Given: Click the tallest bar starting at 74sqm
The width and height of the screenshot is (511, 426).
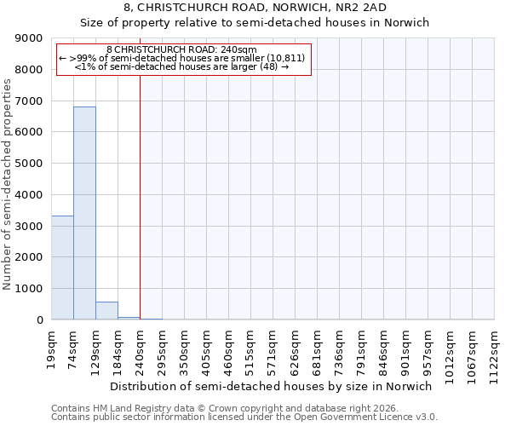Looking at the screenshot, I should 84,213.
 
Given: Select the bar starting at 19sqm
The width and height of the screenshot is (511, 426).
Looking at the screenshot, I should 62,268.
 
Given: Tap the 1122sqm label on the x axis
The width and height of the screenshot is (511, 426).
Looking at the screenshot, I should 495,350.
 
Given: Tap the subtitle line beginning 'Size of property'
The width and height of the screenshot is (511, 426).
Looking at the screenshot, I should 255,23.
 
